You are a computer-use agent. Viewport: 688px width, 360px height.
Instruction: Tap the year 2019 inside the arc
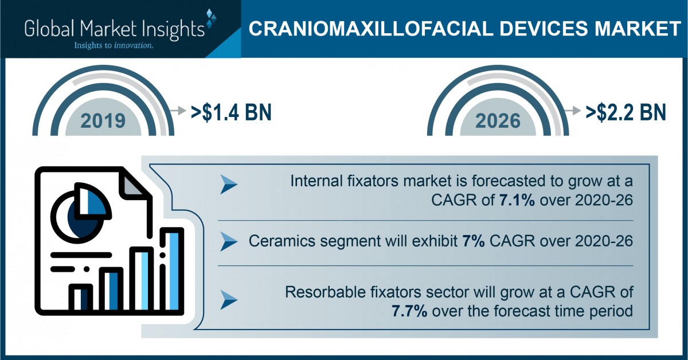tap(103, 121)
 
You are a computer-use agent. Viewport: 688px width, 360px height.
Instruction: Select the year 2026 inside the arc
tap(498, 121)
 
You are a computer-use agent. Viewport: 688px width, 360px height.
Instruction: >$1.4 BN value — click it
tap(231, 112)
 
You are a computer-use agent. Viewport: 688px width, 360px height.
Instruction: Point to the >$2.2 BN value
tap(626, 112)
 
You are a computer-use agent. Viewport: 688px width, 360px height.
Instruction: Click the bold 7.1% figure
tap(517, 200)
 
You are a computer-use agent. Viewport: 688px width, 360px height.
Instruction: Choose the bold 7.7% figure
tap(409, 311)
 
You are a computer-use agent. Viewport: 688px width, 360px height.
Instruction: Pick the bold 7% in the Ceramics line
tap(474, 241)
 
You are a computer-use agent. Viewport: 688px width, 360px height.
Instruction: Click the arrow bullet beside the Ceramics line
tap(229, 241)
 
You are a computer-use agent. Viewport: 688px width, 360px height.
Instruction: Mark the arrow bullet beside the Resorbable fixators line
tap(229, 299)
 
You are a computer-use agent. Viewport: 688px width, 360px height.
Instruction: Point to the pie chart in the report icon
tap(81, 213)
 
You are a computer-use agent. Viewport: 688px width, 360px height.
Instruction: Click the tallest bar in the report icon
tap(172, 271)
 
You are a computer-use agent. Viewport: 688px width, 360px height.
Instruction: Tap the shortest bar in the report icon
tap(81, 298)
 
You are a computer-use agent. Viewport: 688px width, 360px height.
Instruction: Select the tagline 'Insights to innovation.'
tap(114, 46)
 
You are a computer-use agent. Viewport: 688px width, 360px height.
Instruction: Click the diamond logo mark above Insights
tap(211, 18)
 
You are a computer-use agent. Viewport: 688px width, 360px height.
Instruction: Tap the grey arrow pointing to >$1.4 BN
tap(178, 110)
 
